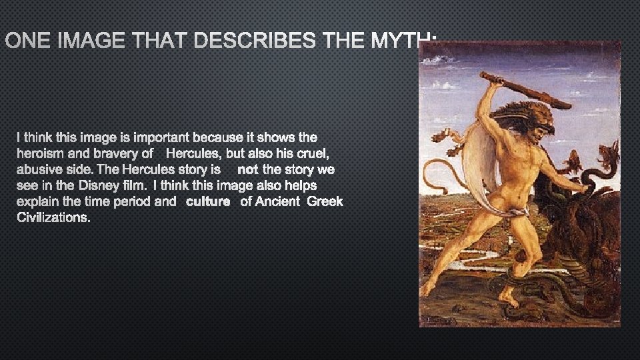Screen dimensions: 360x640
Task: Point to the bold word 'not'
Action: click(247, 170)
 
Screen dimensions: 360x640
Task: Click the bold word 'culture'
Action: click(208, 201)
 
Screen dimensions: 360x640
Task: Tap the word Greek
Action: click(325, 201)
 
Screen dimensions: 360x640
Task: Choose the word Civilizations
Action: click(53, 217)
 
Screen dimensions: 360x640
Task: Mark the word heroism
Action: click(39, 153)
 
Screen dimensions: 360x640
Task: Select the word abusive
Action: click(39, 170)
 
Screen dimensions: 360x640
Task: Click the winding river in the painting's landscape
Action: click(467, 257)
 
